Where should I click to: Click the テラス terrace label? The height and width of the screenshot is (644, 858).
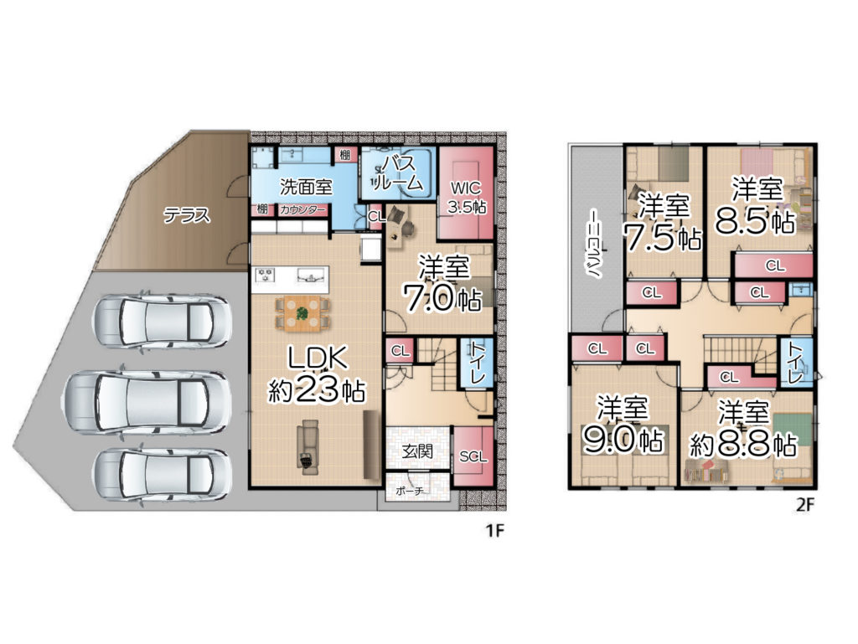[x=187, y=215]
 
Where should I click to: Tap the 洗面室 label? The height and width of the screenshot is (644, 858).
[x=306, y=187]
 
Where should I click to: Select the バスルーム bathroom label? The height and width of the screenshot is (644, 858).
[x=396, y=173]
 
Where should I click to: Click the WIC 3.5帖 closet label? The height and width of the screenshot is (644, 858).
[x=467, y=198]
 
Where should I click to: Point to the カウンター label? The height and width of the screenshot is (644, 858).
[x=302, y=210]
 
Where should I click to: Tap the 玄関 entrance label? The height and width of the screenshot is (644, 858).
[x=417, y=451]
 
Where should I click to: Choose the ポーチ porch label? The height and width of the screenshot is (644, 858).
[x=410, y=491]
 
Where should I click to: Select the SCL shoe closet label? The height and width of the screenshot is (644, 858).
[x=473, y=456]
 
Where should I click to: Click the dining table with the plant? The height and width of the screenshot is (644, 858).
[x=302, y=314]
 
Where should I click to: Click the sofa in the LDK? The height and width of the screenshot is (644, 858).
[x=308, y=443]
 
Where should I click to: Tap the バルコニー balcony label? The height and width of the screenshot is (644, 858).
[x=597, y=243]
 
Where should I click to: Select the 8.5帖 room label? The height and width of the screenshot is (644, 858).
[x=756, y=205]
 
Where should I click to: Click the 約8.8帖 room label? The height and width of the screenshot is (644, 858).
[x=743, y=429]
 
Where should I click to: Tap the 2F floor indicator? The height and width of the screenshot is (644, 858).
[x=805, y=505]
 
